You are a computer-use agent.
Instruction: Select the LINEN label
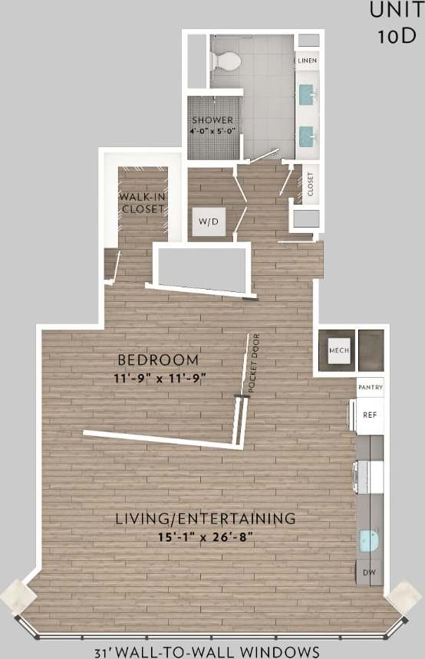(308, 60)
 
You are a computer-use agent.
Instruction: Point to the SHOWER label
(212, 120)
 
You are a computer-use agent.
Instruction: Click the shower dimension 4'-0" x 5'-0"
(212, 132)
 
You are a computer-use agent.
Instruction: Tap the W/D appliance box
(209, 221)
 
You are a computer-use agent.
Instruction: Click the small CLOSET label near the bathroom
(311, 185)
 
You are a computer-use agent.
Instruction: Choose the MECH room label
(339, 351)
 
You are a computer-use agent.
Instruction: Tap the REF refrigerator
(371, 415)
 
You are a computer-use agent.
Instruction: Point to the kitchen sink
(369, 541)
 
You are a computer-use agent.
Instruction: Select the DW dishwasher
(370, 572)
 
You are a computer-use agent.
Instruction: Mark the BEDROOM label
(158, 359)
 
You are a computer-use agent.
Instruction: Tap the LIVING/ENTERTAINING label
(205, 518)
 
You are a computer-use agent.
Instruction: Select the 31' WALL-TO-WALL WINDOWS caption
(207, 652)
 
